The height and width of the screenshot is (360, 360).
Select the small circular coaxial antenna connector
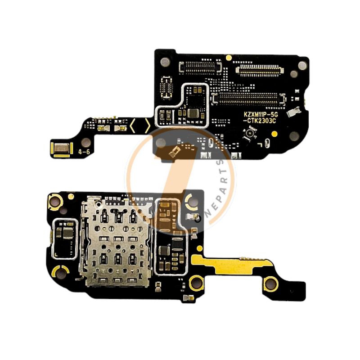pos(247,134)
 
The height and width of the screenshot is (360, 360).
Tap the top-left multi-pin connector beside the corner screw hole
pos(200,67)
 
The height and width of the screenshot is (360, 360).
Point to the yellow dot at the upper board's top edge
pos(229,58)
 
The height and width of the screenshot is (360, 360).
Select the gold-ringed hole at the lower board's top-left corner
pos(55,201)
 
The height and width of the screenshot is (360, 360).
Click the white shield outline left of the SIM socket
pos(64,238)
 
